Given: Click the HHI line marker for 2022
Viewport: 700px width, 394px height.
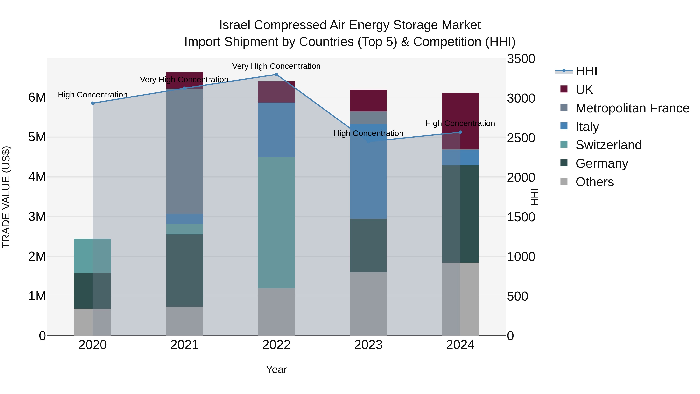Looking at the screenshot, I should [276, 75].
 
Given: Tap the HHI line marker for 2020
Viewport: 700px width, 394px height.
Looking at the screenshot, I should [93, 103].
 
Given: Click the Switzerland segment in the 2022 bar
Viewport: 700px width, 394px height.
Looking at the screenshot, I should [276, 222].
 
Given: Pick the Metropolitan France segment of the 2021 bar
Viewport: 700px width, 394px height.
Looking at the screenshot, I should [185, 151].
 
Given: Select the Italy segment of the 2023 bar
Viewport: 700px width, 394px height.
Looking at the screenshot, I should [368, 171].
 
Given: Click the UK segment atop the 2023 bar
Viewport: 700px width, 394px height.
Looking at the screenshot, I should [368, 101].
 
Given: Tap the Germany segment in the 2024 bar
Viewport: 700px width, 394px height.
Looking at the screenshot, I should [460, 214].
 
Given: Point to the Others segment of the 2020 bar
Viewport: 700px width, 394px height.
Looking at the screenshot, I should [93, 322].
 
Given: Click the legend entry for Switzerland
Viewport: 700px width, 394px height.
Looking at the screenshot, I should [608, 145].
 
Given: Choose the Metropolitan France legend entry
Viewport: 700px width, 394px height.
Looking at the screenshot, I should [632, 108].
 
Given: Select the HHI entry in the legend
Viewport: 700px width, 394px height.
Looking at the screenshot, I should [586, 71].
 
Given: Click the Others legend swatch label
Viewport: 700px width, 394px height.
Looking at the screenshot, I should [594, 182].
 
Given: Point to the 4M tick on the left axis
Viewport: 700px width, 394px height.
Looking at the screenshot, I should [37, 177].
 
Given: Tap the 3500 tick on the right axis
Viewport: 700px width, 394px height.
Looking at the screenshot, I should [521, 59].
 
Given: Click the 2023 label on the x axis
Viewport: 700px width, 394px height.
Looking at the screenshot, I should [368, 345].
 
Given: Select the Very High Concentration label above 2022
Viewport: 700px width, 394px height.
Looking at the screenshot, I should [276, 66].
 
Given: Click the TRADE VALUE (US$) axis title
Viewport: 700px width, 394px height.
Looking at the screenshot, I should [6, 197].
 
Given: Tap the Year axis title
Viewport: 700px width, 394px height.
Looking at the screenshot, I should [276, 369].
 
